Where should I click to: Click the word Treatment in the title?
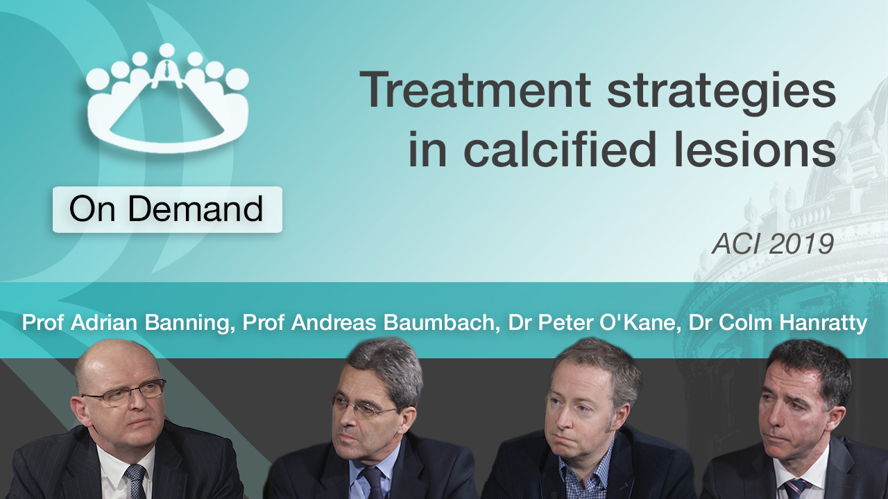point(475,90)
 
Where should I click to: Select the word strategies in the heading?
point(722,94)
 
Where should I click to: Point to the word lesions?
point(755,149)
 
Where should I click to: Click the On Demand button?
point(167,209)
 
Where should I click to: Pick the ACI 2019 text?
point(773,243)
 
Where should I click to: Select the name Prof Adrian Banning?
point(126,323)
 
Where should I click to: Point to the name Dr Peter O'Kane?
point(592,323)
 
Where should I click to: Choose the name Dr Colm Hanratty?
point(778,324)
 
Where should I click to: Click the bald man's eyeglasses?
point(123,392)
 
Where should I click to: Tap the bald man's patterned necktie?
point(136,481)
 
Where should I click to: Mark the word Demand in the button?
point(196,209)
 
